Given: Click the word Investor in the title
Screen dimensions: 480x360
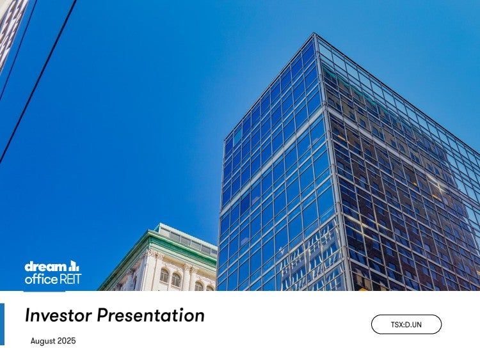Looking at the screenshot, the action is [x=58, y=315].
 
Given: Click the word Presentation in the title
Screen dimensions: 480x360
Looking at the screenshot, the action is [x=151, y=315].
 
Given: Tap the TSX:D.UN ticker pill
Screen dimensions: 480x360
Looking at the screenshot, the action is [x=406, y=324].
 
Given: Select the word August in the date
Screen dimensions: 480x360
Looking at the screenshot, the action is [x=43, y=341].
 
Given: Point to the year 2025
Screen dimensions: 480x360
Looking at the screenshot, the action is [x=67, y=341].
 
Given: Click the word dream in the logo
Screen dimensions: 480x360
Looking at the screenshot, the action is [x=45, y=267].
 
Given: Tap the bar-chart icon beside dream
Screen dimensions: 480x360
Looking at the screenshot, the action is [x=74, y=266].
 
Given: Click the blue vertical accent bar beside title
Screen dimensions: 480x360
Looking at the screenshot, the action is [x=2, y=324].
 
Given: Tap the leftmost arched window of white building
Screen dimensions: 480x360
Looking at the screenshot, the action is [x=164, y=276].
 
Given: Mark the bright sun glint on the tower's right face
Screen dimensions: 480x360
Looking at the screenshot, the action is [x=438, y=186].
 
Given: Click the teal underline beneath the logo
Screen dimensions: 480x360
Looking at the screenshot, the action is [x=44, y=291].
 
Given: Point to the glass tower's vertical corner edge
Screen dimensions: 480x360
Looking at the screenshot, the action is [x=333, y=162].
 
